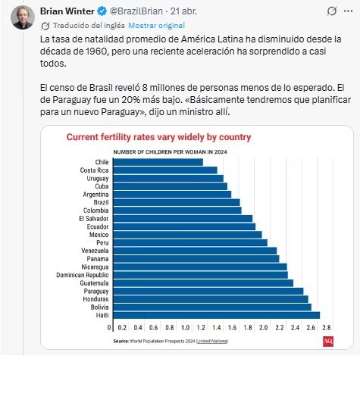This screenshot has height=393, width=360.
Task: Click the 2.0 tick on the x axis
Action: pos(263,328)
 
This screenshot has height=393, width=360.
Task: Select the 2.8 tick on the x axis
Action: pos(326,328)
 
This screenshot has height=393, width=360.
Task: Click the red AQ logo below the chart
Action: pos(327,342)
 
